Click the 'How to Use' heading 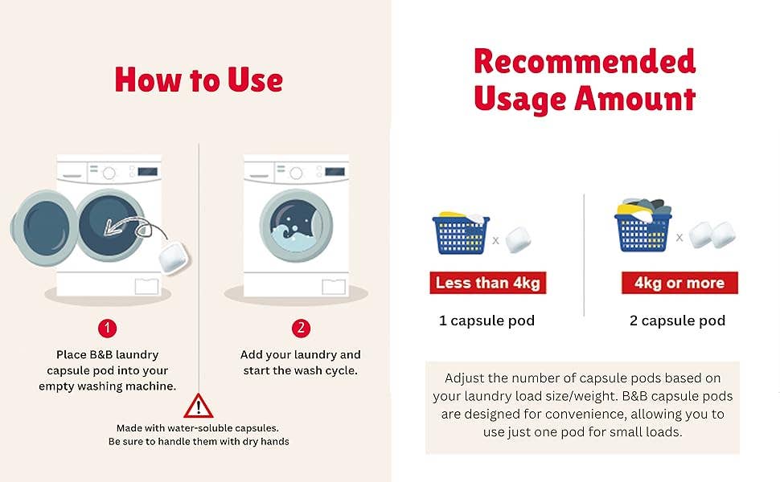199,80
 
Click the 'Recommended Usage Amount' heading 585,80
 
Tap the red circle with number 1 107,329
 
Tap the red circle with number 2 301,329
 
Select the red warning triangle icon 198,406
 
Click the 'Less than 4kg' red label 488,283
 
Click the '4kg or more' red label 679,283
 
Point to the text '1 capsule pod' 486,321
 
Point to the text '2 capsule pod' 678,321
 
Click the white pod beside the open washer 173,257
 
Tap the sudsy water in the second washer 294,239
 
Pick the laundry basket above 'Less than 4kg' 461,232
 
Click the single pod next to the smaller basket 518,239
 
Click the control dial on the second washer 296,173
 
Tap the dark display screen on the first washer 148,171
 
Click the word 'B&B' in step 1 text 101,355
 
